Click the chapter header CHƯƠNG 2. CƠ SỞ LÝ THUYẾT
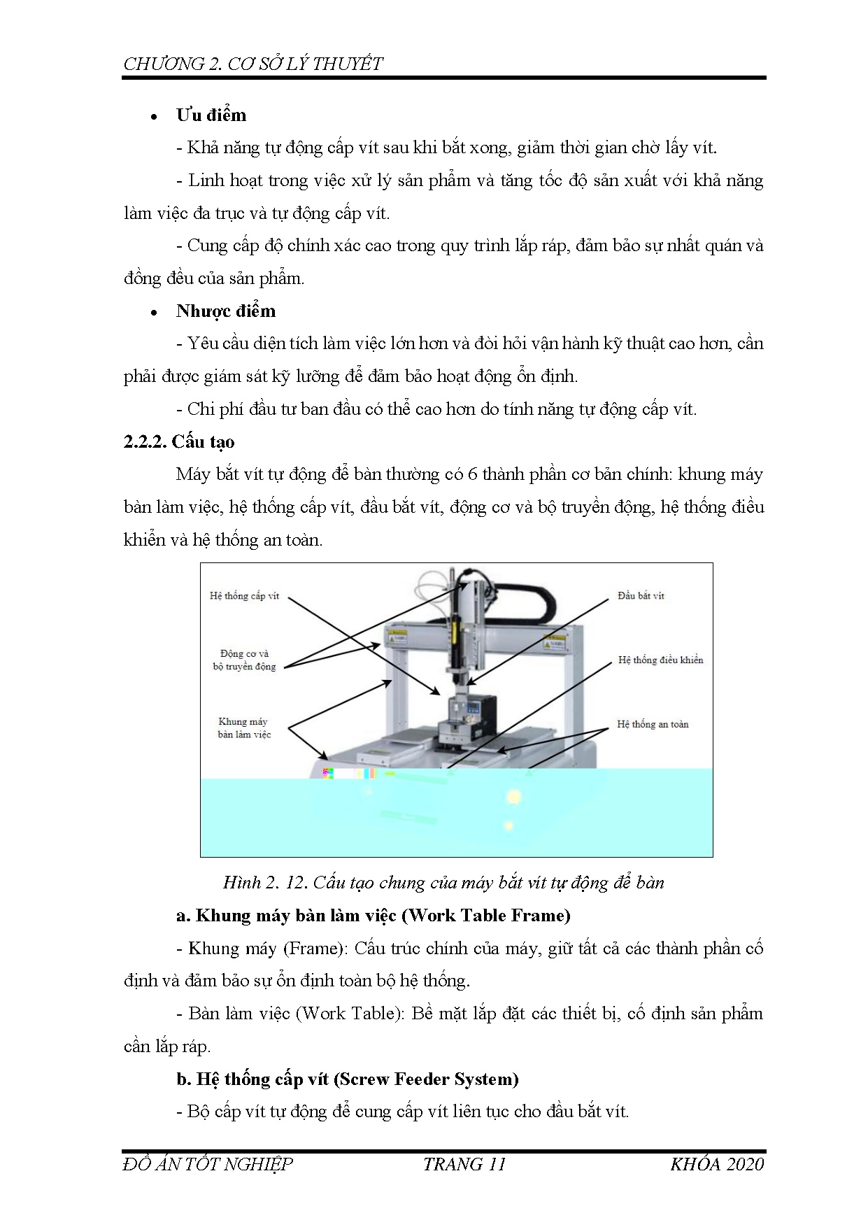point(252,64)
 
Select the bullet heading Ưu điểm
point(211,115)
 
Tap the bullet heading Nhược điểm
point(226,311)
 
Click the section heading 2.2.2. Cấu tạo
point(178,441)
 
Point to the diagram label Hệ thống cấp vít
point(244,596)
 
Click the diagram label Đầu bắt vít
point(641,596)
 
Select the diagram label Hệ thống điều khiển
point(660,660)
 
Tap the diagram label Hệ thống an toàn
point(653,724)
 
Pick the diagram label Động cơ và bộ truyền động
point(244,660)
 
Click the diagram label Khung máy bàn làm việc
point(243,728)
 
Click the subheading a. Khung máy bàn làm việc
point(373,915)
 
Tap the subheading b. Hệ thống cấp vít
point(347,1079)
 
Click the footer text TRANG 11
point(464,1164)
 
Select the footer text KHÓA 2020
point(716,1164)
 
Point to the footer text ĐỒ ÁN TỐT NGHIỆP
point(208,1164)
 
